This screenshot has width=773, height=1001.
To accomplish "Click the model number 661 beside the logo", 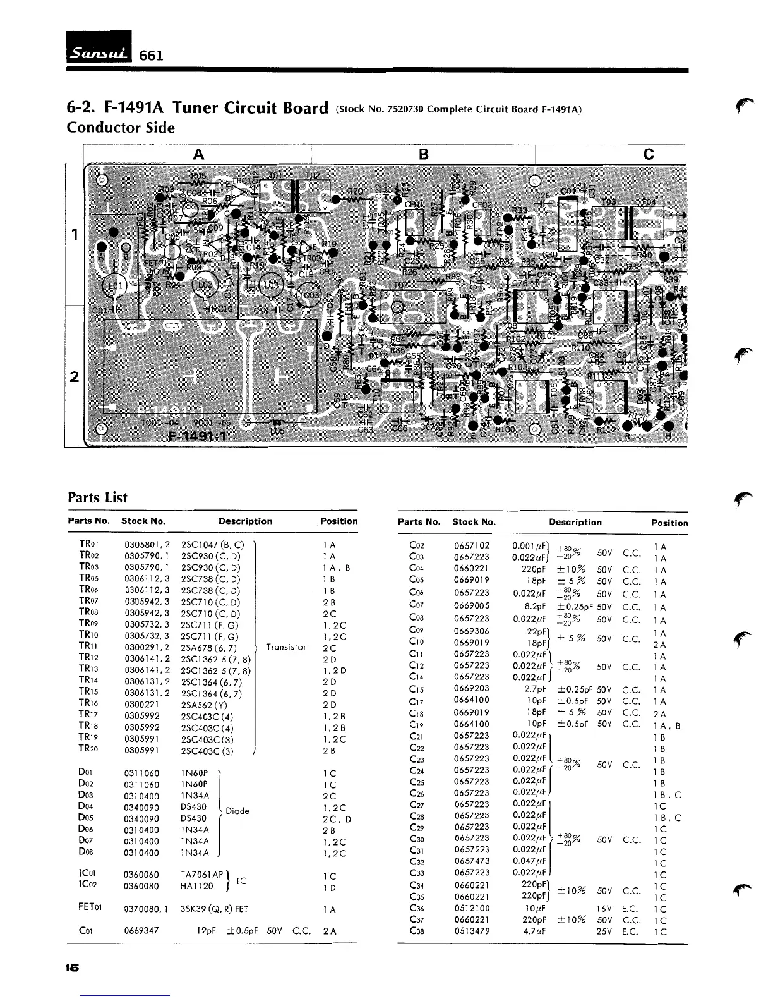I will point(152,55).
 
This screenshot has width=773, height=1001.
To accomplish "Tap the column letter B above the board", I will point(423,154).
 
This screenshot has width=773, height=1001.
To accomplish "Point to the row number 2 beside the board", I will point(75,377).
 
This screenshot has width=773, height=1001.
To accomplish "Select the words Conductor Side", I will point(121,128).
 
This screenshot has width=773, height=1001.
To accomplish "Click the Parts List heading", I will point(97,497).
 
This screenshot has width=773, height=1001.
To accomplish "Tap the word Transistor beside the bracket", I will point(286,647).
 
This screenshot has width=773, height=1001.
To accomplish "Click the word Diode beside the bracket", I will point(237,811).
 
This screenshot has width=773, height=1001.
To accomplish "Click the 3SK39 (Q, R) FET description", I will point(215,909).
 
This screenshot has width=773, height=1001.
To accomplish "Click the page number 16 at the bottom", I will point(72,968).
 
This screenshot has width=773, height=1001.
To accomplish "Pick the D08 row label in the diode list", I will point(87,853).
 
